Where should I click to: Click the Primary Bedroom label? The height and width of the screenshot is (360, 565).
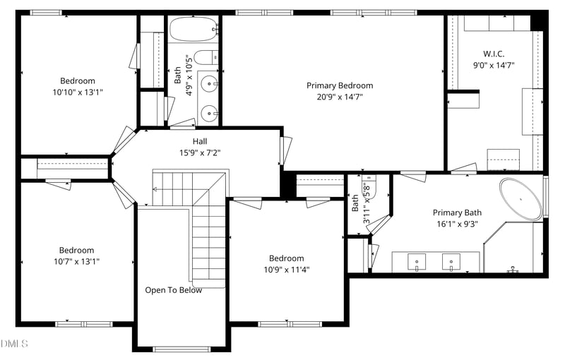coord(340,85)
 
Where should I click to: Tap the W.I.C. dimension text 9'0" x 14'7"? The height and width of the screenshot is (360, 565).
coord(493,66)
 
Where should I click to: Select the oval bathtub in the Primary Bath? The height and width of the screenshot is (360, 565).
coord(521,199)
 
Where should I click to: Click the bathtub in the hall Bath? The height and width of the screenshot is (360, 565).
coord(193,29)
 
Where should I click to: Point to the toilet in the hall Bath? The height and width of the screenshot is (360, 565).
coord(206,57)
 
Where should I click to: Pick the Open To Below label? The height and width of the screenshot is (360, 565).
coord(173,290)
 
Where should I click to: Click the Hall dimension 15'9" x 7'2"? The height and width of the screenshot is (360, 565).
coord(200,153)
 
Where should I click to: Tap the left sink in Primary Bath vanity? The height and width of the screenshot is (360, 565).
coord(417,262)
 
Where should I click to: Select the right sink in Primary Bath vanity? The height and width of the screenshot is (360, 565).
coord(451,262)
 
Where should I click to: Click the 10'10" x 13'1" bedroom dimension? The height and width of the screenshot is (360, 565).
coord(78,92)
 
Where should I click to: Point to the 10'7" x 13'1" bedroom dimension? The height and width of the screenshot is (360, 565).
coord(77,262)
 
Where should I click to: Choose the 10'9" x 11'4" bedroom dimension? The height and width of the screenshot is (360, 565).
coord(287,270)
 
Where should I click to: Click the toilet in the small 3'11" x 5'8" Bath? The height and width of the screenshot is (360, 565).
coord(369,186)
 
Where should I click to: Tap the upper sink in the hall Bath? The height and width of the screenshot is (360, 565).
coord(209,85)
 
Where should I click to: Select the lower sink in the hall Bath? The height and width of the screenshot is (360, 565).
coord(209,114)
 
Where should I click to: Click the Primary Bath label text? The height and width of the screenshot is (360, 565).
coord(457,212)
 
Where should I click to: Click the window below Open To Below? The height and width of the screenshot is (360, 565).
coord(182,349)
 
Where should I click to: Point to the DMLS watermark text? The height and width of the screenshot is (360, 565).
coord(14,344)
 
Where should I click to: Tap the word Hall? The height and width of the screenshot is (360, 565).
coord(200,141)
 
